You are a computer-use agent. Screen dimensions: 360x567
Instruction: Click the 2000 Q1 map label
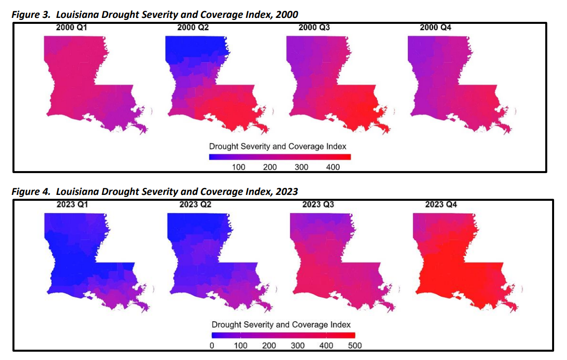point(72,28)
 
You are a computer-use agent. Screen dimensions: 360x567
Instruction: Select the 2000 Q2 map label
point(193,28)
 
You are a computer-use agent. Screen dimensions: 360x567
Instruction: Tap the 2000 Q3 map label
point(314,28)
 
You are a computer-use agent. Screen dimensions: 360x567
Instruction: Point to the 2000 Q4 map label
point(435,28)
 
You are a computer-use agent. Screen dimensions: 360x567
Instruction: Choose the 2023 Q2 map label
point(195,204)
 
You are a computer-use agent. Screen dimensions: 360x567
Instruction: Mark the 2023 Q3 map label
point(318,204)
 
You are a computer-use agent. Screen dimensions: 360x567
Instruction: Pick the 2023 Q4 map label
point(441,204)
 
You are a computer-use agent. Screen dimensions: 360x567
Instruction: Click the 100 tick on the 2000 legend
point(239,167)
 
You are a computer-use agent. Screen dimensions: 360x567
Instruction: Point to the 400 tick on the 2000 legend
point(333,167)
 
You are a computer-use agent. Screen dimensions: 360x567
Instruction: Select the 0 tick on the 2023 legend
point(212,345)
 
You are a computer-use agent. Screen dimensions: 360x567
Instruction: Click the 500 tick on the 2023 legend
point(355,345)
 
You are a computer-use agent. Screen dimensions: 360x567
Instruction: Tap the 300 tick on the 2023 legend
point(297,345)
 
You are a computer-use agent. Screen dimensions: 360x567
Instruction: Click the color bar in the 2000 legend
point(280,157)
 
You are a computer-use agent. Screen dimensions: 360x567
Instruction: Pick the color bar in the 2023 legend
point(283,335)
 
